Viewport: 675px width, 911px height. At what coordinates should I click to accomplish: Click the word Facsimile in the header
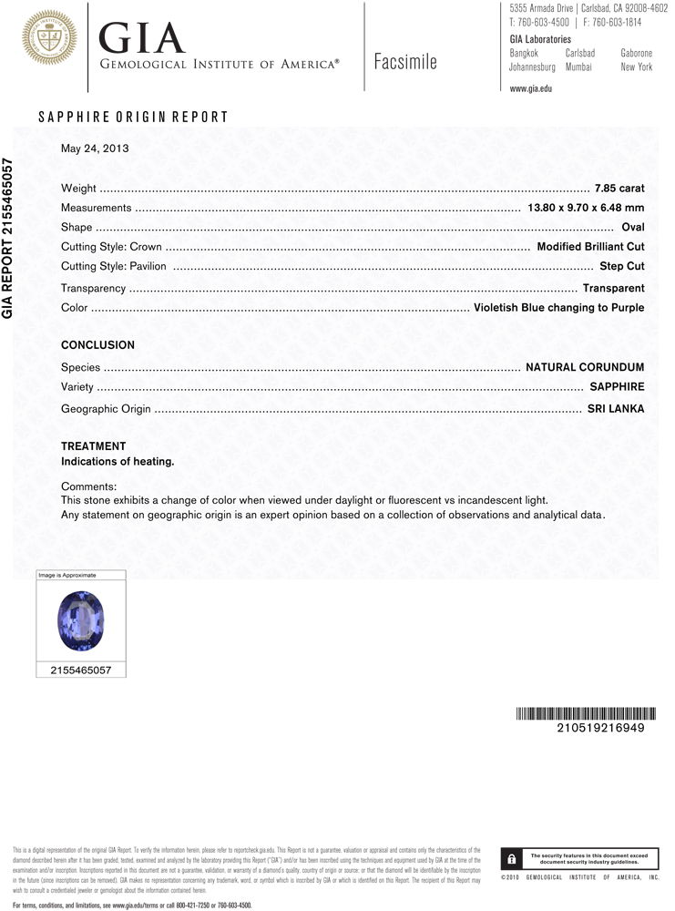coord(405,63)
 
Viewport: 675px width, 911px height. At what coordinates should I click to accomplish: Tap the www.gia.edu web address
coord(530,89)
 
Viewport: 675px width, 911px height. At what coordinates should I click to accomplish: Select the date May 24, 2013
coord(95,148)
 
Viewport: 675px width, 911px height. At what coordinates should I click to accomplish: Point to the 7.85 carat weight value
coord(619,189)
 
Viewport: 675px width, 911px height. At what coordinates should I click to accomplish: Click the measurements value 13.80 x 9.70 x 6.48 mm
coord(586,209)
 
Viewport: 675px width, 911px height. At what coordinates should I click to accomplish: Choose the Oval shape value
coord(632,228)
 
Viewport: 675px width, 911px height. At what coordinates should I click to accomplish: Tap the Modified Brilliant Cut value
coord(590,247)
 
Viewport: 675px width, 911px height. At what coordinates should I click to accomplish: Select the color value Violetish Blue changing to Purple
coord(558,308)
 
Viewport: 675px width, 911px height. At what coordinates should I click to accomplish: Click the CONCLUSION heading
coord(97,345)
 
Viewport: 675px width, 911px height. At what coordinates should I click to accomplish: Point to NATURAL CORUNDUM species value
coord(585,367)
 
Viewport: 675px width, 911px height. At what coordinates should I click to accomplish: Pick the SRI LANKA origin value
coord(615,409)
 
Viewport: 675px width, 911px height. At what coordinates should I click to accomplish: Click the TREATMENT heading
coord(93,446)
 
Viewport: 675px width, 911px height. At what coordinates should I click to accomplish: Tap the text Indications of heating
coord(118,462)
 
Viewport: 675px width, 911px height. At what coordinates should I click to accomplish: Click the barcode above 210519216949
coord(579,713)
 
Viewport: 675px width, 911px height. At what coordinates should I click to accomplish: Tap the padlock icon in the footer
coord(512,858)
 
